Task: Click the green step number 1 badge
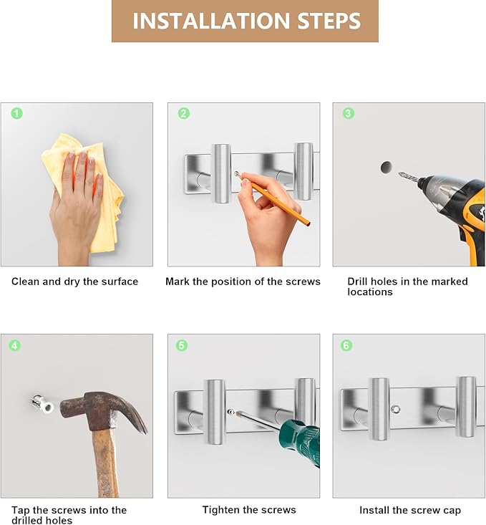[16, 113]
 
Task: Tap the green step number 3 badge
[348, 113]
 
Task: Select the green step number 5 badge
[182, 345]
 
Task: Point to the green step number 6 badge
[346, 345]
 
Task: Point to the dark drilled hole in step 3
[387, 167]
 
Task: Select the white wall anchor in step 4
[43, 405]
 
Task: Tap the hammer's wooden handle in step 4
[106, 463]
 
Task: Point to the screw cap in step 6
[395, 409]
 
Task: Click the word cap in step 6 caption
[452, 511]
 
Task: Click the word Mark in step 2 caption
[178, 281]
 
